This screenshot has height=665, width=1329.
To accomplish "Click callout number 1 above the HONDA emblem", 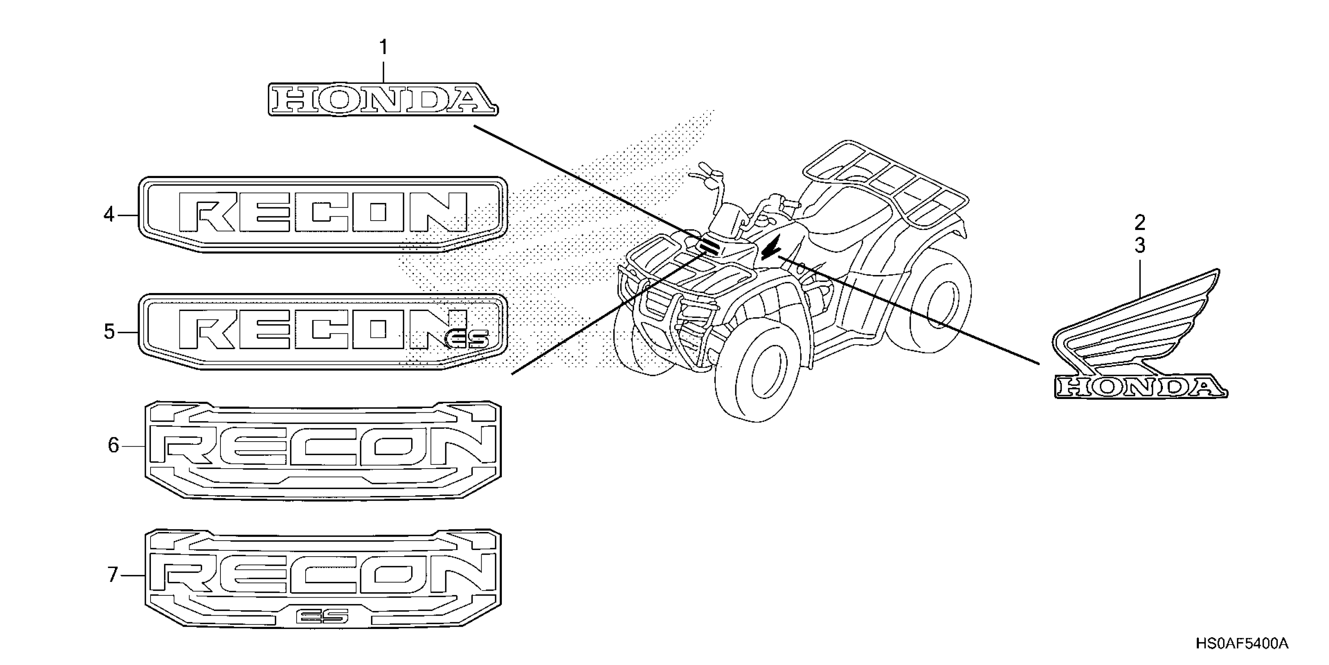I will tap(383, 47).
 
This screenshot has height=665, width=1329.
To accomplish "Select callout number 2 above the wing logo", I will tap(1140, 223).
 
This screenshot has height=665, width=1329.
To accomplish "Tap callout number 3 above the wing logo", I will tap(1140, 246).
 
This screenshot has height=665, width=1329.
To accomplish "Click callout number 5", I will tap(109, 331).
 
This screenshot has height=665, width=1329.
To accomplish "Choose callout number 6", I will tap(113, 445).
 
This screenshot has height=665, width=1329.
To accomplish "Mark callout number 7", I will tap(113, 575).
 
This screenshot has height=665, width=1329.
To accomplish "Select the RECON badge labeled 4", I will tap(323, 214).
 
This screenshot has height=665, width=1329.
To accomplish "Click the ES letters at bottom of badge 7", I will tap(322, 616).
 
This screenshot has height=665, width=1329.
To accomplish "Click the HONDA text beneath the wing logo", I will tap(1140, 387).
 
